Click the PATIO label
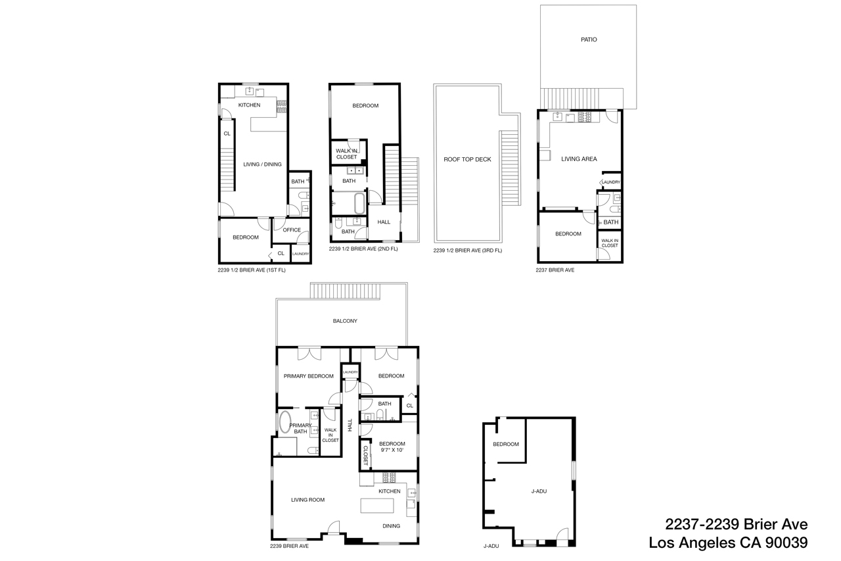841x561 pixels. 589,39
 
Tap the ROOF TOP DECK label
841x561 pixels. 467,159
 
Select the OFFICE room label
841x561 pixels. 292,230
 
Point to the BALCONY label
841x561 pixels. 345,321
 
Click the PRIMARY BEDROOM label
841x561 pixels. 308,376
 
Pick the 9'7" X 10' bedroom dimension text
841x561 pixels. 392,451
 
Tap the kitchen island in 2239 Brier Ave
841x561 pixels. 377,506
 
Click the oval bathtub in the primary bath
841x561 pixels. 285,422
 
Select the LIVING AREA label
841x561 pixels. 579,159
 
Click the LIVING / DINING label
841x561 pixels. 262,164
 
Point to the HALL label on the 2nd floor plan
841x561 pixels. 384,222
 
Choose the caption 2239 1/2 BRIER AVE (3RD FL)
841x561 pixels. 468,251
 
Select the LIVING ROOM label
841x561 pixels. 308,500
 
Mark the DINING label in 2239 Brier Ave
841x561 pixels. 392,525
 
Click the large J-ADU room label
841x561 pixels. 539,491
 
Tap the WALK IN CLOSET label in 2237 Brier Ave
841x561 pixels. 610,243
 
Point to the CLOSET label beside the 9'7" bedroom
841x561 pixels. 365,456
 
